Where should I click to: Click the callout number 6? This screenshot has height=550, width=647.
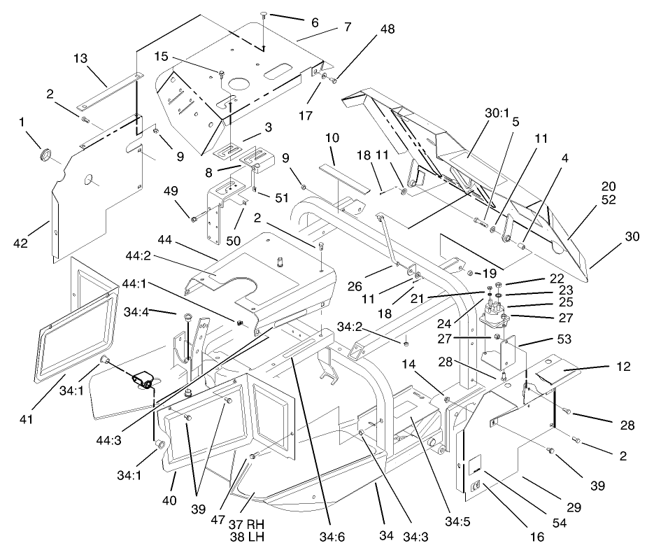click(314, 23)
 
